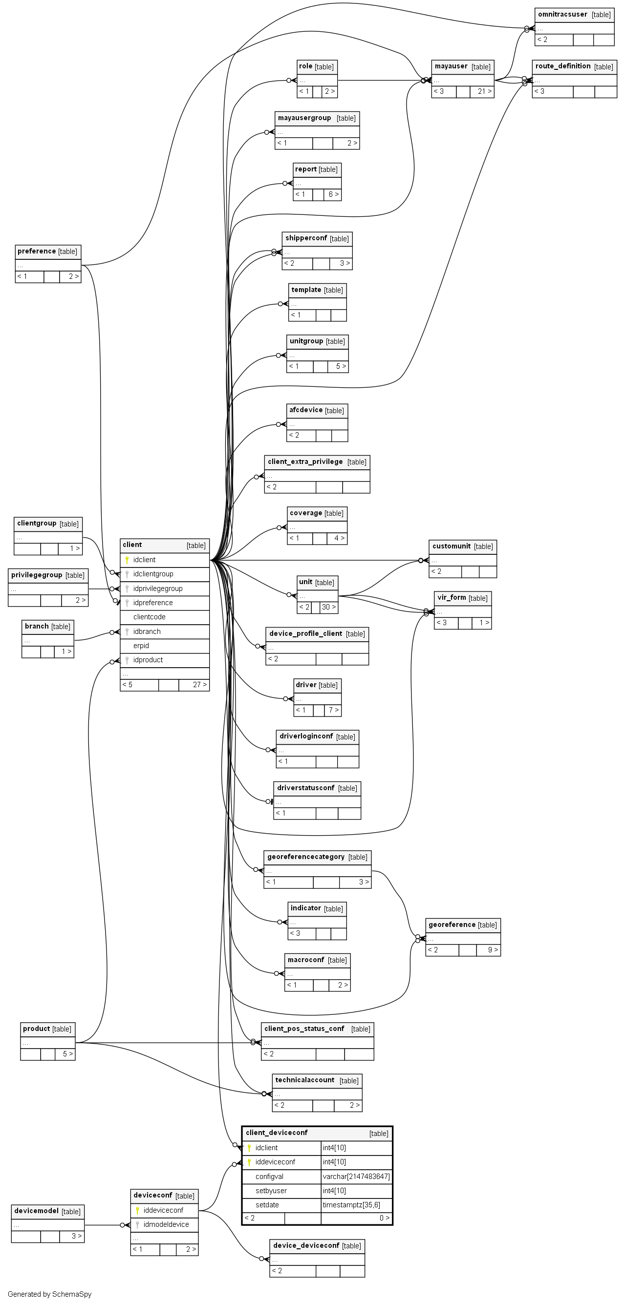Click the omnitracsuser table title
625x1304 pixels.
[x=562, y=15]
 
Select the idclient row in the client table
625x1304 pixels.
[x=144, y=559]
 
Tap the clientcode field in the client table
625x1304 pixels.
[x=149, y=616]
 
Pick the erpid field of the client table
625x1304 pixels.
[x=141, y=646]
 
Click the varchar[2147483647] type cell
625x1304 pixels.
[x=356, y=1177]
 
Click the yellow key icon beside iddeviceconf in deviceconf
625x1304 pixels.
[x=137, y=1210]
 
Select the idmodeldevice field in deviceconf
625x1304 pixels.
[x=166, y=1224]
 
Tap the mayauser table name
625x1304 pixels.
[x=451, y=66]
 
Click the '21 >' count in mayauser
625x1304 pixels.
[x=484, y=91]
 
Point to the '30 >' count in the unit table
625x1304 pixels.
[x=328, y=607]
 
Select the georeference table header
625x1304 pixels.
[x=452, y=925]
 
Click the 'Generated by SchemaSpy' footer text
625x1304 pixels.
[x=50, y=1294]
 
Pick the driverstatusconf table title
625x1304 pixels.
[x=305, y=788]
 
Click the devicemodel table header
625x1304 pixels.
[x=37, y=1211]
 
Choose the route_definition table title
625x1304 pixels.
[x=563, y=66]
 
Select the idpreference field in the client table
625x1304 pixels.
[x=152, y=602]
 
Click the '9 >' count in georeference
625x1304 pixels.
[x=492, y=949]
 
